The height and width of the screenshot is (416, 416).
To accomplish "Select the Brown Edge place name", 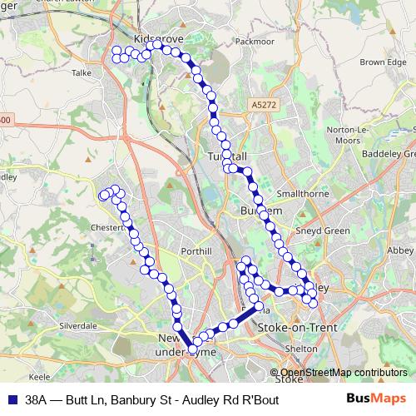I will pyautogui.click(x=384, y=62).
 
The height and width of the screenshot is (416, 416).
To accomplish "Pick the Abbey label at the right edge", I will pyautogui.click(x=404, y=248).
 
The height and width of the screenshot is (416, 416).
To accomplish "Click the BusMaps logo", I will pyautogui.click(x=375, y=398).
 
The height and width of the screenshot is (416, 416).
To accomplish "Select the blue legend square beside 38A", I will pyautogui.click(x=12, y=399).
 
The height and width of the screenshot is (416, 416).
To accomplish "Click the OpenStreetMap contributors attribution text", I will pyautogui.click(x=343, y=372).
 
